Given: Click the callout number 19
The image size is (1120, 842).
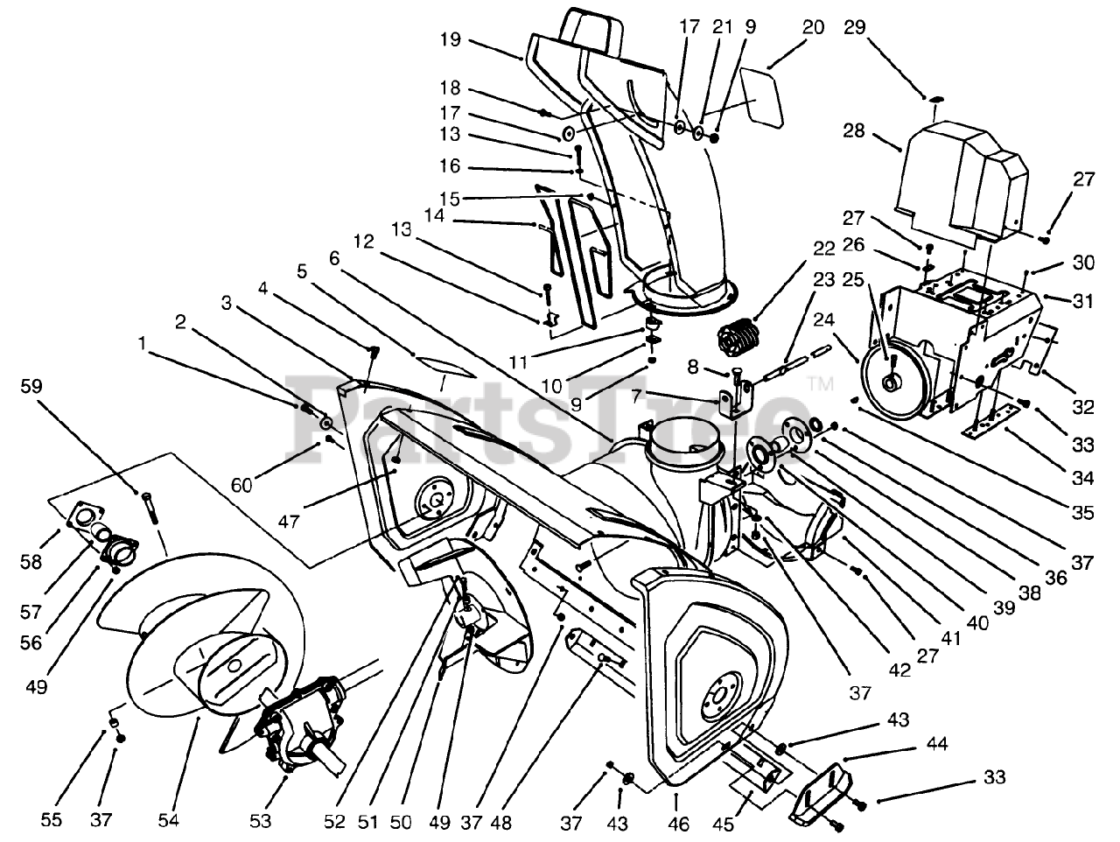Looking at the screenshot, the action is (451, 39).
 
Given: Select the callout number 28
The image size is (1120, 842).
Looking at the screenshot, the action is (854, 131).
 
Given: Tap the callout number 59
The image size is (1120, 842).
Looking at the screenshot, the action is (31, 386).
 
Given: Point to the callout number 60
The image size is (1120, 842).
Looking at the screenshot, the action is (241, 485).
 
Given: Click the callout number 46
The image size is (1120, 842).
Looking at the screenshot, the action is (678, 824).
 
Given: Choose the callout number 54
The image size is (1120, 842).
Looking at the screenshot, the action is (168, 820).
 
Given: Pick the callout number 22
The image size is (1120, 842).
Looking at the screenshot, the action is (824, 249).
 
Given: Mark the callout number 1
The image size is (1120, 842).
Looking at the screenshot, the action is (143, 343).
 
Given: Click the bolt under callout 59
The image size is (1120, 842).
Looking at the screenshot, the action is (150, 508).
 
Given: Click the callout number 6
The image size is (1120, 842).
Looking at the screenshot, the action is (334, 259).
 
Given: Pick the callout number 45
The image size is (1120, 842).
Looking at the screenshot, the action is (724, 824).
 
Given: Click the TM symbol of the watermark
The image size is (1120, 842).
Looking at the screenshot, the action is (821, 383).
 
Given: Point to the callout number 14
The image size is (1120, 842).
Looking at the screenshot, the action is (435, 215).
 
